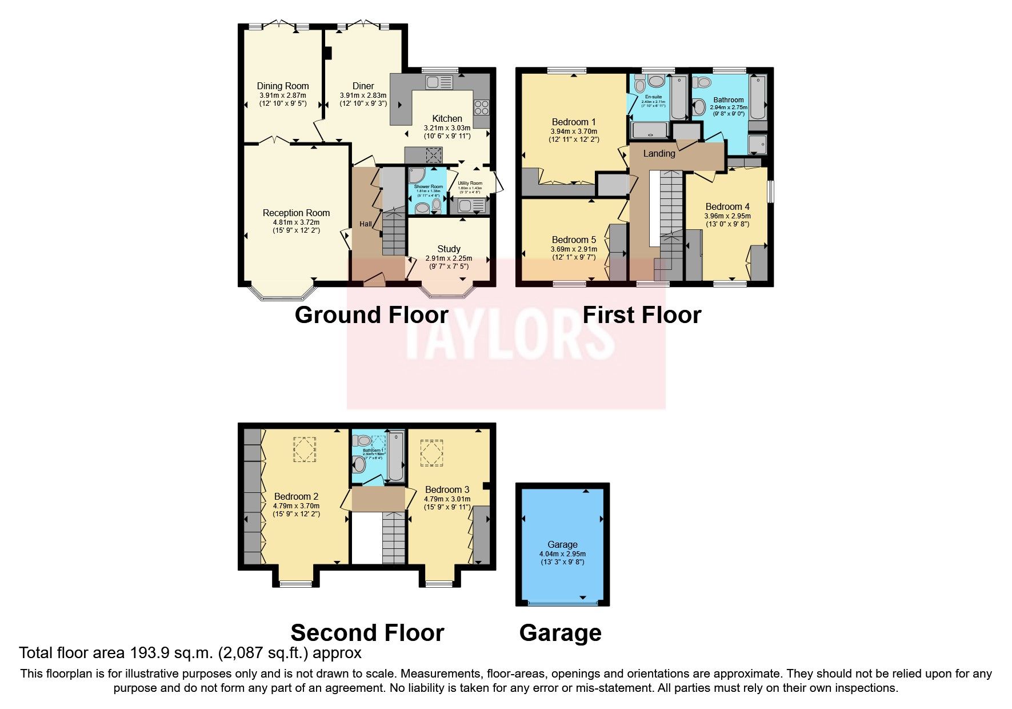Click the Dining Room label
(282, 86)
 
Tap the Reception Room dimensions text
(296, 226)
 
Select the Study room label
(449, 249)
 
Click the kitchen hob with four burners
(481, 107)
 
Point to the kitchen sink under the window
(439, 82)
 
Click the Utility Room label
(470, 184)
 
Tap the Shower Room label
(428, 187)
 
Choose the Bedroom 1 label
(574, 122)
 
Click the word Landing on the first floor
(659, 153)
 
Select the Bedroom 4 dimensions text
(727, 220)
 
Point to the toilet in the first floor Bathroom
(698, 106)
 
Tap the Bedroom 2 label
(296, 496)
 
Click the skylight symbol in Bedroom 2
(305, 449)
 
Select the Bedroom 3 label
(447, 489)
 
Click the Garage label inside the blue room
(562, 545)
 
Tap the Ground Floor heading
(371, 315)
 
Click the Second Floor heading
(367, 633)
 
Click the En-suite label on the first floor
(653, 97)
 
